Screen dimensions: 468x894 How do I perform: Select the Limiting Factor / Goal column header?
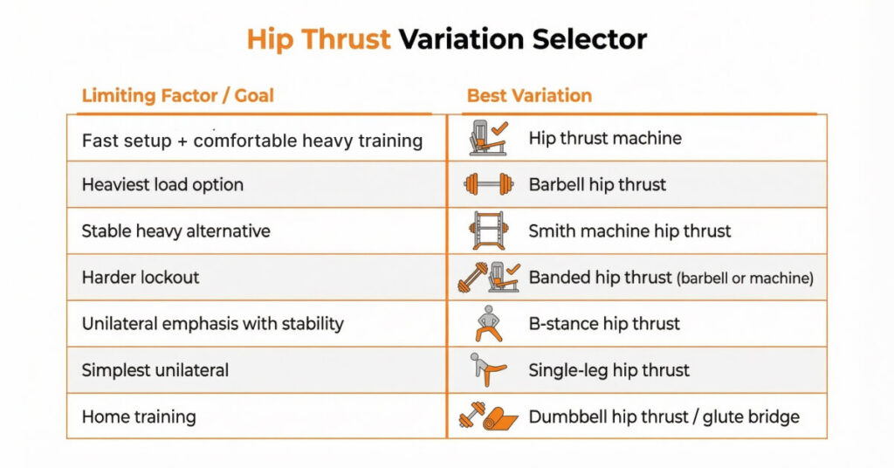177,95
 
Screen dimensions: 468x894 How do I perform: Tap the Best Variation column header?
529,95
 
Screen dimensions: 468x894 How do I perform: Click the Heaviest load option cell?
162,184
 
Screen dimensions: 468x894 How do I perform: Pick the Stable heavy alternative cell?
175,231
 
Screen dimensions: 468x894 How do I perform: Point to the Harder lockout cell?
141,278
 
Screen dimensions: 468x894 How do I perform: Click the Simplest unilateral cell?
155,370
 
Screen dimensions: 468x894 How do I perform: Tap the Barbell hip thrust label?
597,184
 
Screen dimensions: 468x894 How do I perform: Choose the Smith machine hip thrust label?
629,231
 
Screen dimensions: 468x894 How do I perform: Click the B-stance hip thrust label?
604,324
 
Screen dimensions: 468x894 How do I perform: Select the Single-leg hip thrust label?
609,370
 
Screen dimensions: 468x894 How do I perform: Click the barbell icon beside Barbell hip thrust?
488,184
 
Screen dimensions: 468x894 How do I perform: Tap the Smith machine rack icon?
488,231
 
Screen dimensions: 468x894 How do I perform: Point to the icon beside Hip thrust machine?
488,138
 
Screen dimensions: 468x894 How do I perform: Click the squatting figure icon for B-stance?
487,323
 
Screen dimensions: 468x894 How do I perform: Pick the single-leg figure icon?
487,369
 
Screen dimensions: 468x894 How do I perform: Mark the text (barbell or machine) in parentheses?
745,279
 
